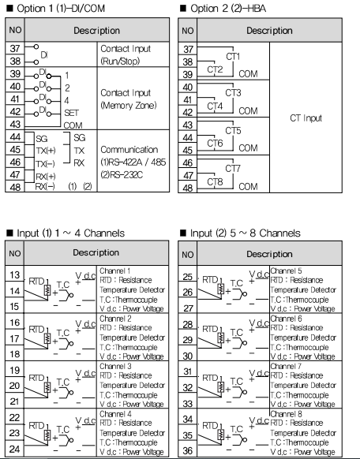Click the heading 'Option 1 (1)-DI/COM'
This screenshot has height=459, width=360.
[61, 8]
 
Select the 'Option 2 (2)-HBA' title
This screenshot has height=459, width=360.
[228, 8]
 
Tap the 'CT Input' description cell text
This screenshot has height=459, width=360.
[306, 118]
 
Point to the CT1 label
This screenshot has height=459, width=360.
[233, 56]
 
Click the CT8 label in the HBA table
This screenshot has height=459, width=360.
[215, 181]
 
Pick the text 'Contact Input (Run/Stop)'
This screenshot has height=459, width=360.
[126, 54]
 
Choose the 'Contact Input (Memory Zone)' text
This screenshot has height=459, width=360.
[129, 99]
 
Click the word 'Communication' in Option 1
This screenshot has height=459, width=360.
[129, 150]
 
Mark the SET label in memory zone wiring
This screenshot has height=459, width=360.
[71, 113]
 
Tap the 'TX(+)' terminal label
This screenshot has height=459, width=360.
[46, 151]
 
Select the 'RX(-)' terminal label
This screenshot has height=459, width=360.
[45, 186]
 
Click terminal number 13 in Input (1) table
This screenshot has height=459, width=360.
[14, 275]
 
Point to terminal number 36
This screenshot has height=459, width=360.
[187, 451]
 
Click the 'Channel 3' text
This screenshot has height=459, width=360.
[115, 366]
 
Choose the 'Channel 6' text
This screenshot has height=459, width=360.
[286, 319]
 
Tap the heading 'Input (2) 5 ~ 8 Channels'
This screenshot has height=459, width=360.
[246, 233]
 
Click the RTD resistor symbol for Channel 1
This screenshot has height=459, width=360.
[47, 290]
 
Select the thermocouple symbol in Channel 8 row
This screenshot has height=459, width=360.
[241, 440]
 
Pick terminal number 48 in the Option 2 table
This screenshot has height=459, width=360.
[187, 188]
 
